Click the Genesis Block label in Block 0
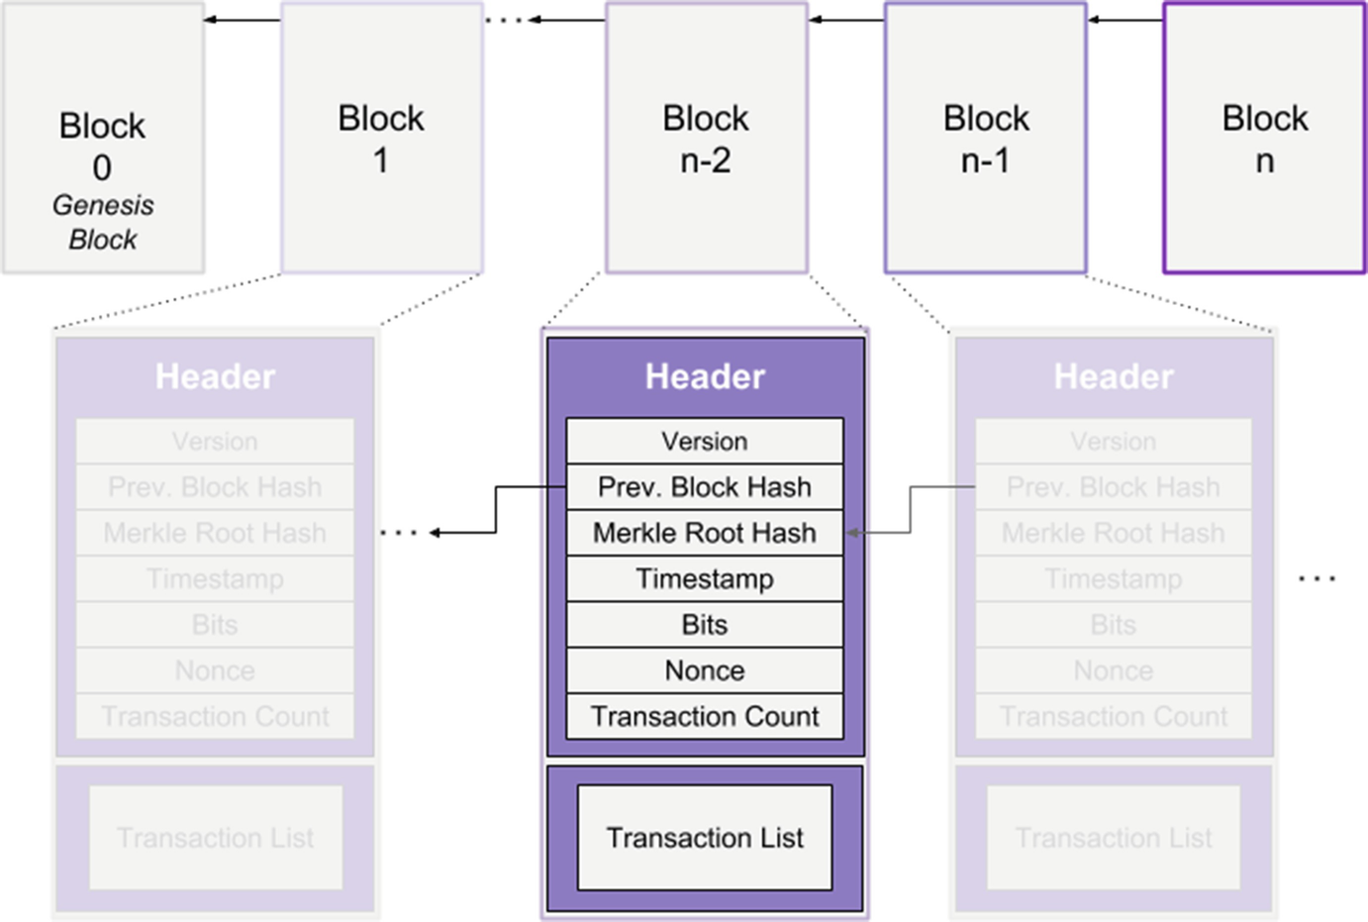(x=103, y=222)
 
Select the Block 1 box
(x=382, y=139)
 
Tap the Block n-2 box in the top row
(x=706, y=139)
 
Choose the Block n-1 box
(x=985, y=139)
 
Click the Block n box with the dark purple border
(x=1264, y=139)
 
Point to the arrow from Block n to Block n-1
(x=1124, y=20)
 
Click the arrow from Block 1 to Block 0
(x=243, y=20)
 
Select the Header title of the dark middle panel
(x=705, y=376)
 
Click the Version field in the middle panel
(x=705, y=441)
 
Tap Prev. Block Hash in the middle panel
(x=705, y=487)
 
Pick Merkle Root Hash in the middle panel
(x=705, y=533)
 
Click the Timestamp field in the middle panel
(x=705, y=578)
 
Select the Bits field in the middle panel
(x=705, y=625)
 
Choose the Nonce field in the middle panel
(x=705, y=670)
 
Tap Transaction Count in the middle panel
(x=705, y=716)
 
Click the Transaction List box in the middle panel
(x=705, y=838)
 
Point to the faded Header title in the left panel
(x=215, y=376)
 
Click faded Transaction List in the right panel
(x=1114, y=838)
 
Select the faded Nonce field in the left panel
(x=215, y=670)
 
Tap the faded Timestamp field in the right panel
(x=1114, y=578)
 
